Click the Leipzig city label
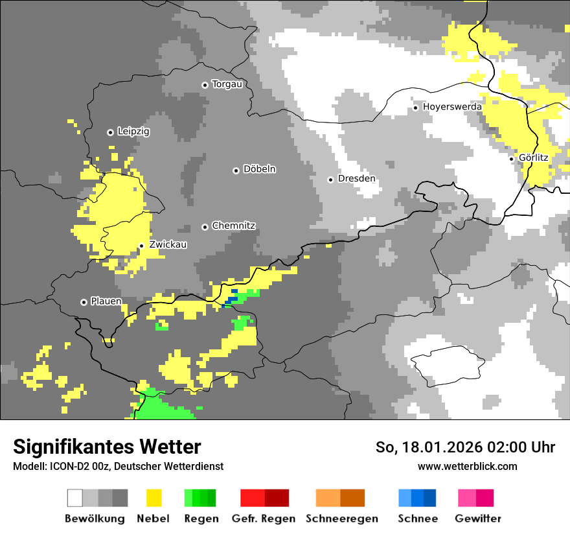tap(133, 132)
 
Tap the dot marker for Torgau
tap(205, 85)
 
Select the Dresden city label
tap(356, 179)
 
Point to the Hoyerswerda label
tap(452, 107)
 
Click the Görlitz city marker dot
tap(511, 158)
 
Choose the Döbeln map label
tap(259, 169)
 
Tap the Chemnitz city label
tap(233, 226)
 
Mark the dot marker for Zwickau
tap(141, 246)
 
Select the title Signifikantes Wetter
tap(107, 447)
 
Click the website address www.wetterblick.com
tap(467, 466)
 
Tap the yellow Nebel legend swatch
tap(154, 498)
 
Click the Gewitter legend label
tap(477, 519)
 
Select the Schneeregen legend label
tap(341, 519)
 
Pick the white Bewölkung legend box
tap(75, 498)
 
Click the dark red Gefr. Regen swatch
tap(277, 498)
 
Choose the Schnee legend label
tap(417, 519)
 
